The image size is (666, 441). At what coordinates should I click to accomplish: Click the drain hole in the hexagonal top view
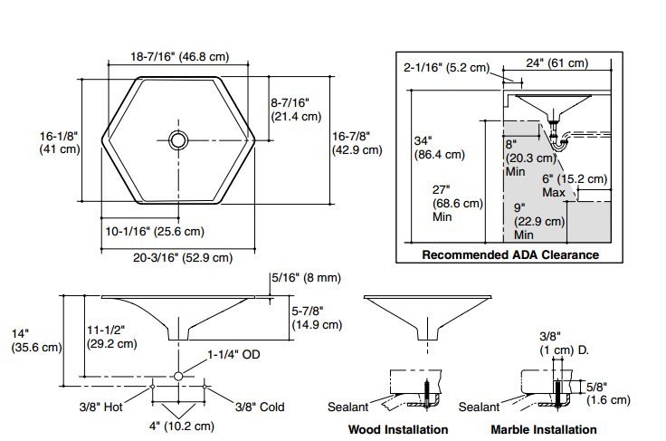pos(178,139)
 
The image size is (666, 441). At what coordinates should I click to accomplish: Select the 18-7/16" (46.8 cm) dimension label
pos(179,56)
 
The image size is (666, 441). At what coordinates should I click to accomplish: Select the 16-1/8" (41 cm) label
pos(58,142)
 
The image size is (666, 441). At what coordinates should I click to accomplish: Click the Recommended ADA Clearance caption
pos(510,254)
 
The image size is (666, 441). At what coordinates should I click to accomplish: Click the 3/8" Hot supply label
pos(100,407)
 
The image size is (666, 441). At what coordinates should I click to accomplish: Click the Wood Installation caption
pos(398,429)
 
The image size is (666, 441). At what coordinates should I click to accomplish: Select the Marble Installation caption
pos(543,429)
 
